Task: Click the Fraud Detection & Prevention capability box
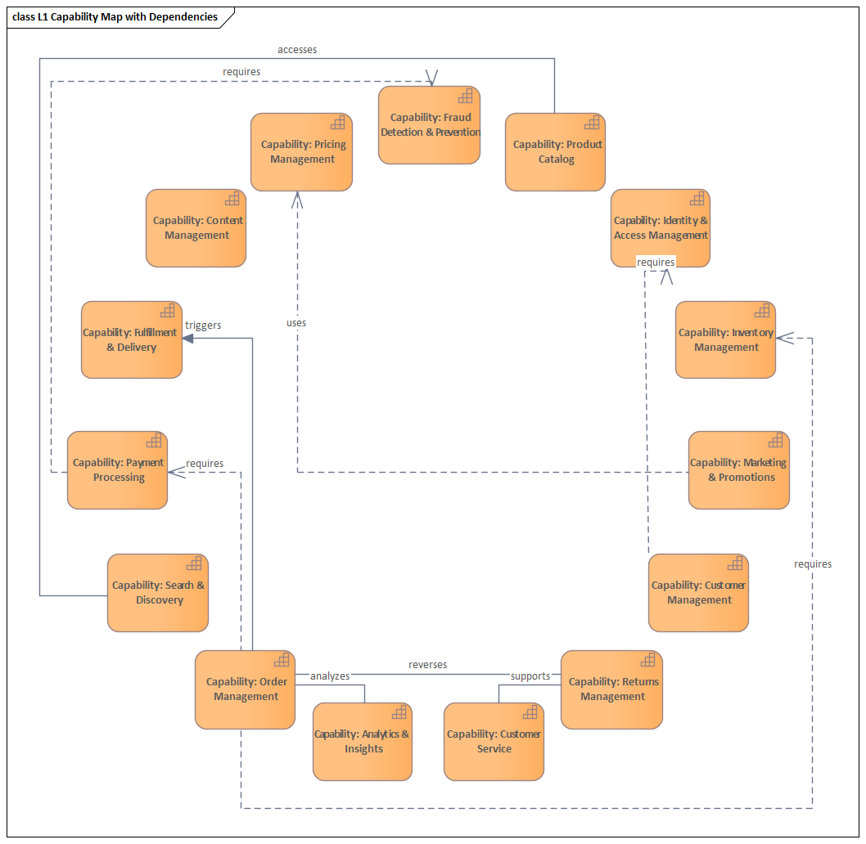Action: (429, 125)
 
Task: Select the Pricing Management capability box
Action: (301, 152)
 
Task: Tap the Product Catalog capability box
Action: (555, 152)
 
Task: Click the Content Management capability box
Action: (196, 228)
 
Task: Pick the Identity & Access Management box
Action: (660, 228)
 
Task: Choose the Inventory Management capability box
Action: (725, 340)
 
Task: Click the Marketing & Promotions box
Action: (738, 470)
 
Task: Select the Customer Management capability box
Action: (698, 593)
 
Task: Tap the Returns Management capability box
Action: (611, 689)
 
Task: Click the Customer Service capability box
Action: (494, 742)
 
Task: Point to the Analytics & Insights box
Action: (363, 742)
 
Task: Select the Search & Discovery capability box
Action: (158, 593)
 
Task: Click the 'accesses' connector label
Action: (297, 50)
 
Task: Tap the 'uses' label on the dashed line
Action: (296, 323)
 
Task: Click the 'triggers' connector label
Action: (203, 325)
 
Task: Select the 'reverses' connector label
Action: (428, 665)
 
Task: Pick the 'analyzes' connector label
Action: (330, 676)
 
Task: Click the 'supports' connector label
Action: (530, 676)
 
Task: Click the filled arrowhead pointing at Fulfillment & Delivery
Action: (187, 338)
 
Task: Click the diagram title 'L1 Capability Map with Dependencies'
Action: (115, 17)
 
